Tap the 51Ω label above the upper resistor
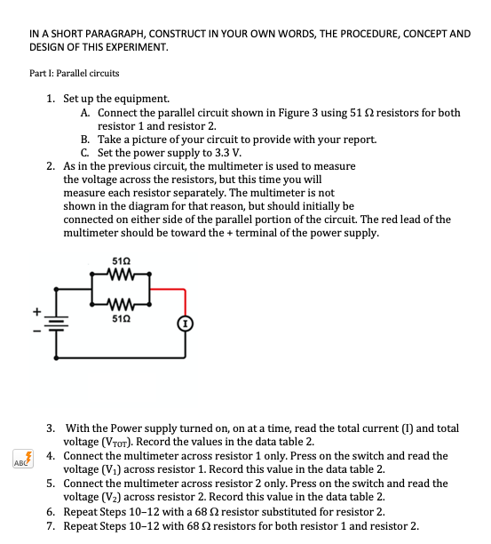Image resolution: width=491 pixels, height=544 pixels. [x=123, y=260]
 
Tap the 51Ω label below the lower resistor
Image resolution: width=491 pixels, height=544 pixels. [x=123, y=316]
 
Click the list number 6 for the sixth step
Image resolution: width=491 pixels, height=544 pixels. [x=50, y=511]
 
